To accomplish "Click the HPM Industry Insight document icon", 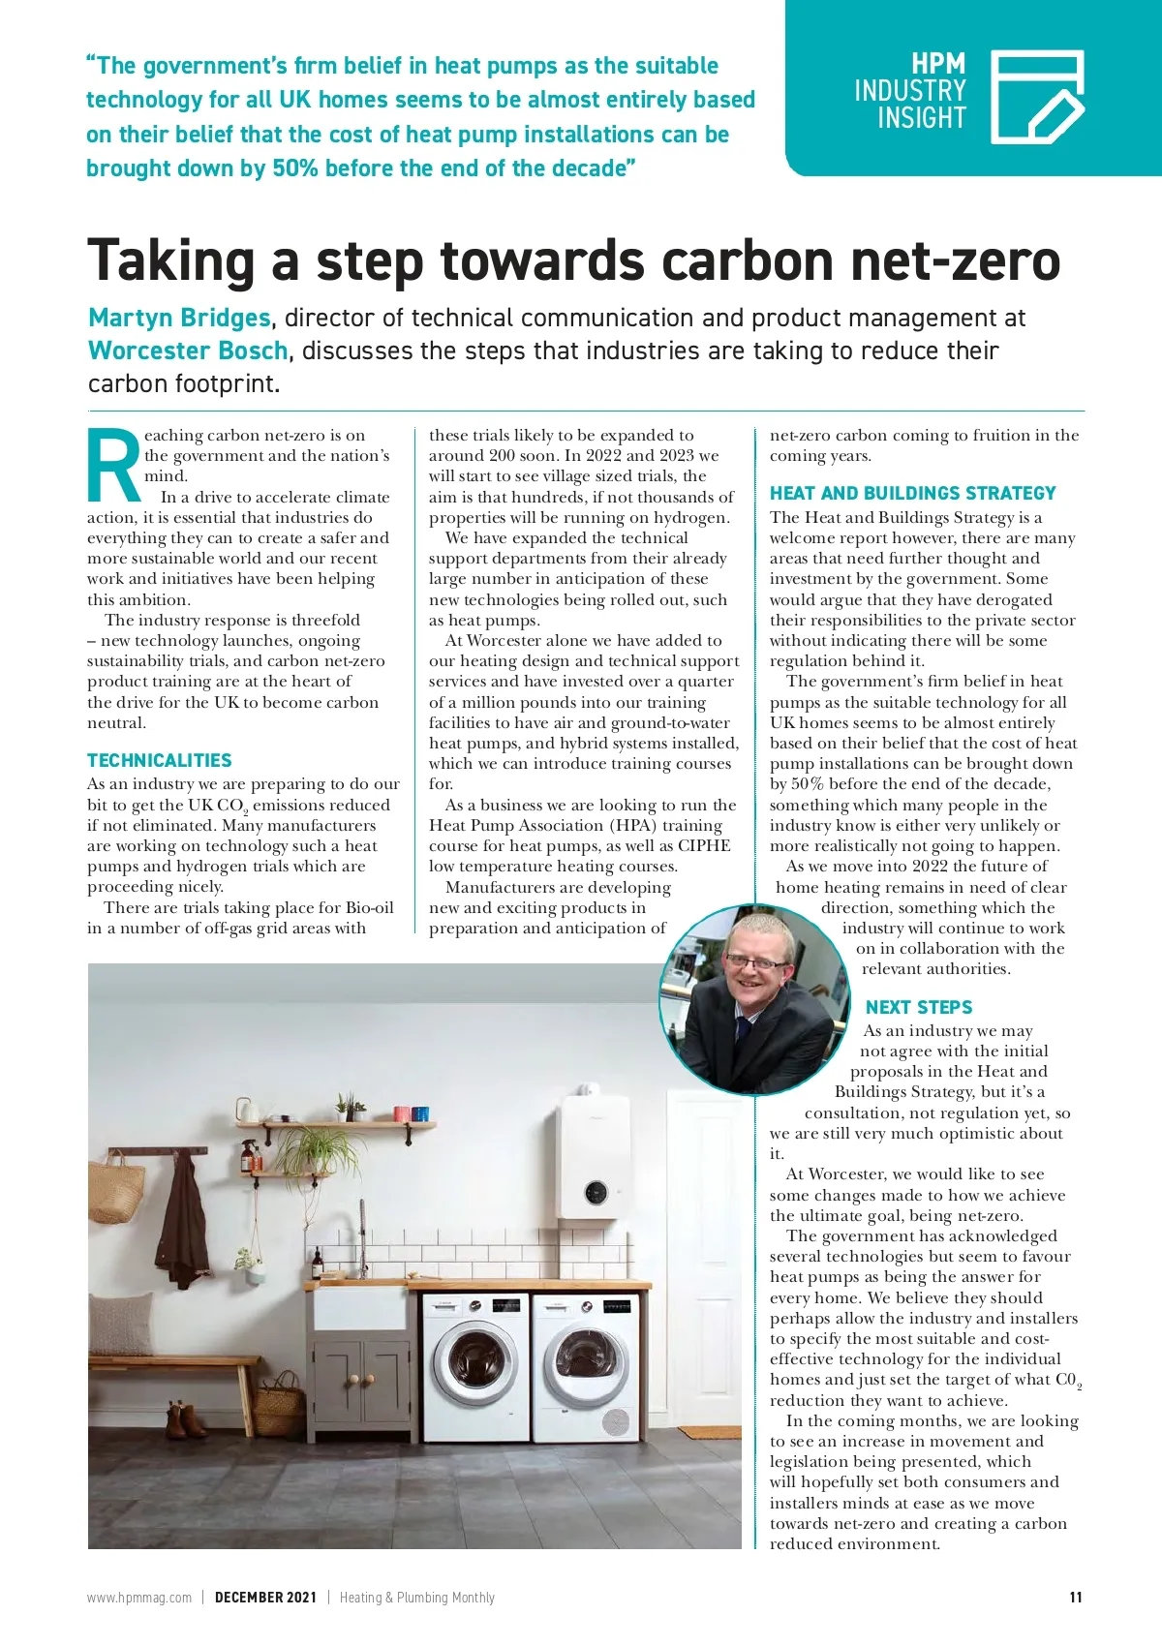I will tap(1037, 96).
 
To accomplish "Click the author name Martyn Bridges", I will tap(179, 318).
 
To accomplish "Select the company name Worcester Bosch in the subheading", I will tap(188, 351).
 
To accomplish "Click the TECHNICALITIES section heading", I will tap(160, 760).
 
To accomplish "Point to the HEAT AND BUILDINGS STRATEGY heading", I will tap(912, 493).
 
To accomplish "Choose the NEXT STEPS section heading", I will tap(918, 1007).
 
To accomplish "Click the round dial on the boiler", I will tap(596, 1192).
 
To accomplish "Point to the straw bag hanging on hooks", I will tap(116, 1189).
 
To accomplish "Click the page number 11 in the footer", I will tap(1075, 1598).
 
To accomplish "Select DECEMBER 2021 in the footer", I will tap(265, 1598).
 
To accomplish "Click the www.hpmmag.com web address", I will tap(139, 1598).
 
